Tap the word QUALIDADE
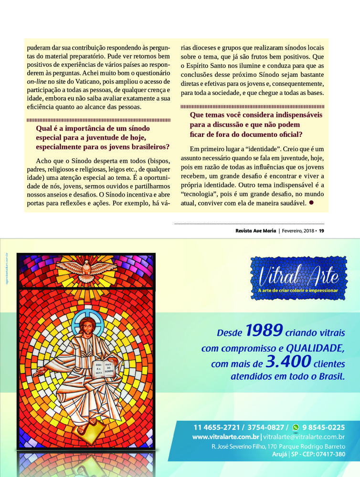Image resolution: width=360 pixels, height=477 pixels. point(314,348)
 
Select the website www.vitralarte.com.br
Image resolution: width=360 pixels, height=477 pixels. point(225,436)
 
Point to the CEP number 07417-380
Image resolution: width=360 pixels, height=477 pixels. point(327,454)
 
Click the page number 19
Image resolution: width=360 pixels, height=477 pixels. point(321,231)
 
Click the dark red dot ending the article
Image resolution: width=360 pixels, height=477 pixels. point(311,202)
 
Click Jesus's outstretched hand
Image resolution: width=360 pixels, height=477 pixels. point(41,373)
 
